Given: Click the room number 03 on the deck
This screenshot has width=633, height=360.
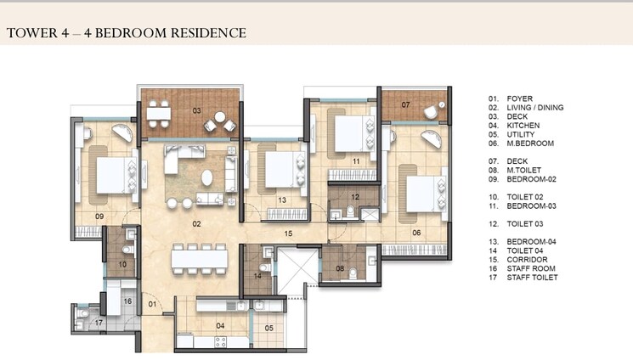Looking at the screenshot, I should tap(196, 110).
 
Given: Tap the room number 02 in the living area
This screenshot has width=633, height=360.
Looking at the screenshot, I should tap(196, 224).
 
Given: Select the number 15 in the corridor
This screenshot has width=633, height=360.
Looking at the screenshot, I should tap(288, 233).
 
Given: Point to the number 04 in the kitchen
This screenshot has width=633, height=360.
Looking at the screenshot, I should tap(221, 325).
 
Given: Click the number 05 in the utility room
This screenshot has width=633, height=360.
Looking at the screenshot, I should tap(268, 328).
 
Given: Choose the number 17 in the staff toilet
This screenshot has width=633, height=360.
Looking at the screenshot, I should tap(99, 323).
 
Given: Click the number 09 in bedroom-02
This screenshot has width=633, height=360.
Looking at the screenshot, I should tap(99, 217).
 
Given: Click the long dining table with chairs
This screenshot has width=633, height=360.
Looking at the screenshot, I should tap(195, 256).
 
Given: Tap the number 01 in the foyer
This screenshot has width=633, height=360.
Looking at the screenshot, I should tap(154, 303).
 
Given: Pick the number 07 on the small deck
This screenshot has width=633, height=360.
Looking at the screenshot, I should tap(405, 104).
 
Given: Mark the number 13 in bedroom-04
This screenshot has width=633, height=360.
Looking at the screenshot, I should tap(280, 200).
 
